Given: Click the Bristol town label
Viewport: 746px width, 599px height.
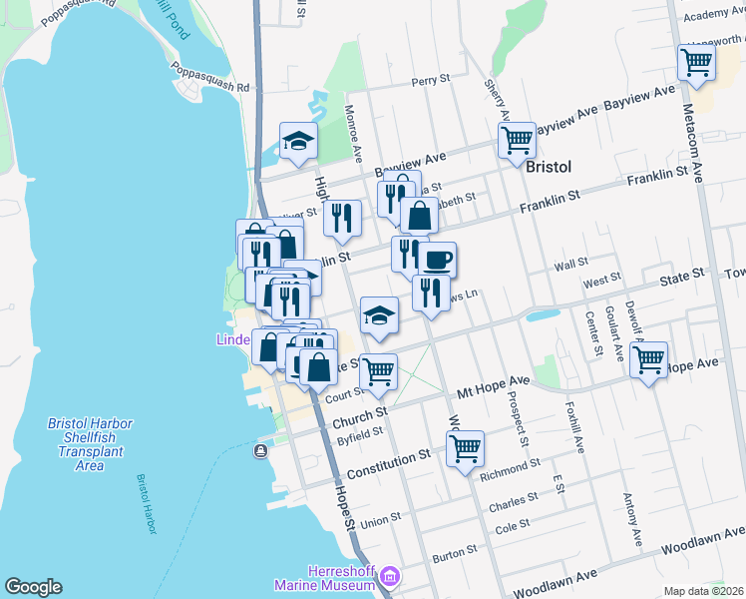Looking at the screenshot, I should [549, 166].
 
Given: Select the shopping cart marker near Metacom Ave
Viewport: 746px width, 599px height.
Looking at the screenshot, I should [696, 62].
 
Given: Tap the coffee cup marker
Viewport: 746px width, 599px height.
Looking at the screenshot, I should [437, 261].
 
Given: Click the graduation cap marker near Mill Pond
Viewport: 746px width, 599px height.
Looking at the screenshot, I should [297, 142].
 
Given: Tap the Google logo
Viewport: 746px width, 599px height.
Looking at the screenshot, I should [33, 587].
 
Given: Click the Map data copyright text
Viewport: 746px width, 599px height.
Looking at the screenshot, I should [703, 591].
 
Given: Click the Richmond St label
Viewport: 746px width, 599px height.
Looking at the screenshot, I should [509, 464].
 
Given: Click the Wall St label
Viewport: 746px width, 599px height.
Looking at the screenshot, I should [571, 265].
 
